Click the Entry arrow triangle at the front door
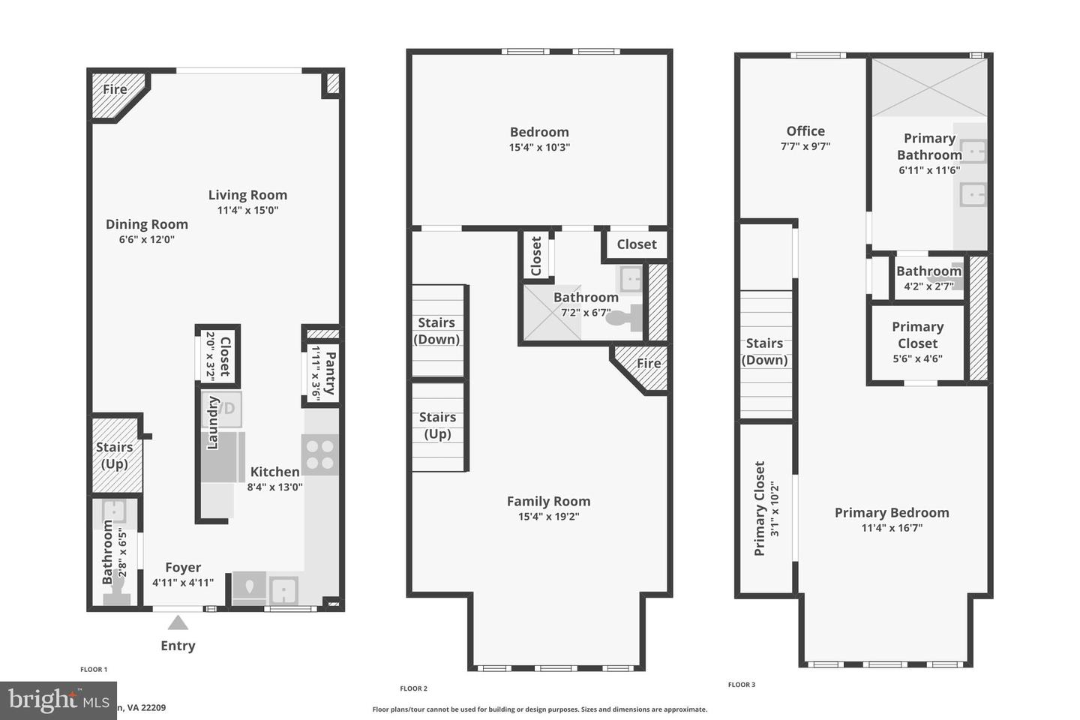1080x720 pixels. [x=178, y=622]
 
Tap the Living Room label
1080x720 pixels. [x=247, y=195]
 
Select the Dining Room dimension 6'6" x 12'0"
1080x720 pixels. [x=146, y=240]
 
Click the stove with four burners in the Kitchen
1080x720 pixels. [x=320, y=454]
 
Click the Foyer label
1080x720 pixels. [x=183, y=568]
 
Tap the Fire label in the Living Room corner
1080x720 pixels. [x=115, y=89]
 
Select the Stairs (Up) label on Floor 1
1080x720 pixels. [x=114, y=455]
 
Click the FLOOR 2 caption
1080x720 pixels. [x=413, y=688]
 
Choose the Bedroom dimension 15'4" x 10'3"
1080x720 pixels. [x=539, y=148]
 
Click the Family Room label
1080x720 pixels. [x=548, y=502]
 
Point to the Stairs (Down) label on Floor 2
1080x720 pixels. [x=436, y=331]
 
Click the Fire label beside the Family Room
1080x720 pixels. [x=649, y=364]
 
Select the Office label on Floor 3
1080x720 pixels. [x=805, y=131]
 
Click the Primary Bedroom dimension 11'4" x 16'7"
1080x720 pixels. [x=892, y=528]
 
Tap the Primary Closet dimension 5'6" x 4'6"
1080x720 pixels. [x=917, y=358]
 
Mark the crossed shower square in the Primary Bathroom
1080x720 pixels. [x=929, y=88]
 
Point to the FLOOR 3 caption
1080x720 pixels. [x=742, y=685]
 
